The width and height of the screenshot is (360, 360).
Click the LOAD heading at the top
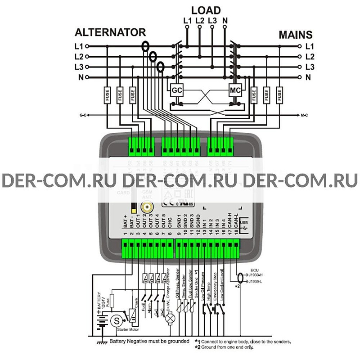[206, 10]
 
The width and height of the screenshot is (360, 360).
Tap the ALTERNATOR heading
[110, 32]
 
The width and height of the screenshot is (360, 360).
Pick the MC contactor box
[235, 89]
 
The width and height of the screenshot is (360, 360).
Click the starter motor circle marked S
[117, 321]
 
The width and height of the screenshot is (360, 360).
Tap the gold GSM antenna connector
[147, 207]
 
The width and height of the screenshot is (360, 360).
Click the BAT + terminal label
[126, 222]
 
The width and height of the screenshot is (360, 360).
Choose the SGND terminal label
[198, 222]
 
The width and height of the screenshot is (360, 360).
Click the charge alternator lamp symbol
[170, 318]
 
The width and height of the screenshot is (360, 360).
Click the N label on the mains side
[309, 77]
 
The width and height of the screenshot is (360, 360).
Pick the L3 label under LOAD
[212, 20]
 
